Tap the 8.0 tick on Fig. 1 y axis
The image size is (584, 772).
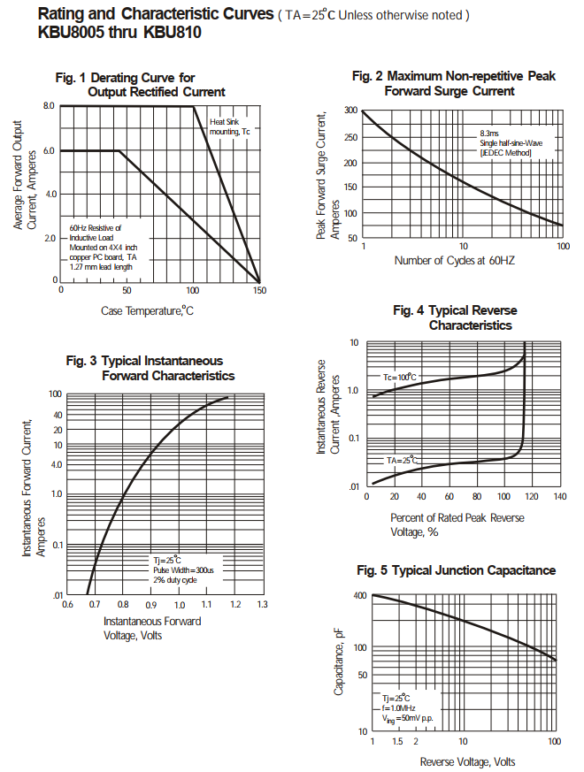pyautogui.click(x=50, y=106)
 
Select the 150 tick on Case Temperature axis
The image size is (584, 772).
pyautogui.click(x=259, y=290)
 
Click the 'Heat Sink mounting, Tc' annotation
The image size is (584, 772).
pyautogui.click(x=229, y=126)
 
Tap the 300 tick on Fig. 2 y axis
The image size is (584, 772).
pyautogui.click(x=351, y=111)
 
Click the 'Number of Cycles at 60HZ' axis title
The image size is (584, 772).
pyautogui.click(x=454, y=261)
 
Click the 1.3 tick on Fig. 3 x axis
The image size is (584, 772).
pyautogui.click(x=262, y=605)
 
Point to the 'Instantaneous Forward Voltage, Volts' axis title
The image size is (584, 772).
pyautogui.click(x=152, y=628)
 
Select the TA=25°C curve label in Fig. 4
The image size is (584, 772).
pyautogui.click(x=401, y=461)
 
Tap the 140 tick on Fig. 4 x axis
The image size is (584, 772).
pyautogui.click(x=559, y=497)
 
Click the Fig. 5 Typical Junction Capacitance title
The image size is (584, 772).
pyautogui.click(x=456, y=570)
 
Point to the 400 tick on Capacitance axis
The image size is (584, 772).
pyautogui.click(x=359, y=596)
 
